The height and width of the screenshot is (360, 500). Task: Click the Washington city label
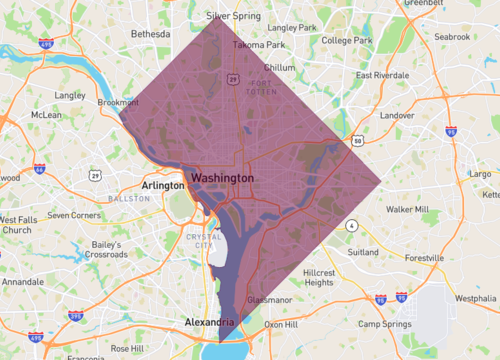point(222,177)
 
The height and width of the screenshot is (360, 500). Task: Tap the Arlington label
point(163,185)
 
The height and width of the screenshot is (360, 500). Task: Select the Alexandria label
point(210,322)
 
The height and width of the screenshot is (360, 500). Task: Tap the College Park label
point(348,40)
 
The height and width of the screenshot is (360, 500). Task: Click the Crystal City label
point(205,241)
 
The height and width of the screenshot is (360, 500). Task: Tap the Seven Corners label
point(74,215)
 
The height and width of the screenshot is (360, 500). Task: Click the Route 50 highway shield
point(358,141)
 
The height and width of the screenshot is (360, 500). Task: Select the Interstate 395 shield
point(75,316)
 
